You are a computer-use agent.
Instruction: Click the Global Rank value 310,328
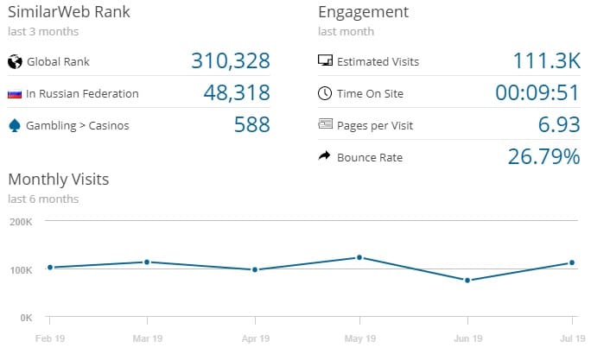tap(229, 61)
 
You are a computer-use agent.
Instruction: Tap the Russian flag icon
tap(14, 93)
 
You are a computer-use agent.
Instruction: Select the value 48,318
tap(237, 93)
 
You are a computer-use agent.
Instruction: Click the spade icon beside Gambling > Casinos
tap(14, 125)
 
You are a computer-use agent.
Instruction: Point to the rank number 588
tap(251, 125)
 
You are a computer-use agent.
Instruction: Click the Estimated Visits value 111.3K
tap(546, 61)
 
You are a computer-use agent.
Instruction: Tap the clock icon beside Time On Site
tap(325, 93)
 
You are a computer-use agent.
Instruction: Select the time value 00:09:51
tap(537, 93)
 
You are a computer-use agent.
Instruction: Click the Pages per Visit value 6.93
tap(558, 125)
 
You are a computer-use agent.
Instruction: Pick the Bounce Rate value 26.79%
tap(542, 157)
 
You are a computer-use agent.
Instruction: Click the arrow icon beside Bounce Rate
tap(325, 157)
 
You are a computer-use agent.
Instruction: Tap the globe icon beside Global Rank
tap(14, 61)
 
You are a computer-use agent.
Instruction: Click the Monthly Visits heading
tap(58, 180)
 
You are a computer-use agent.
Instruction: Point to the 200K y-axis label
tap(20, 221)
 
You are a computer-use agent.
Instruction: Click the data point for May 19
tap(359, 257)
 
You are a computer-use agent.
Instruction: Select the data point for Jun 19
tap(467, 280)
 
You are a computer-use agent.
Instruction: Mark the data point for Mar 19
tap(147, 262)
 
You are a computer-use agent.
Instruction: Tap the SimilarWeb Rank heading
tap(69, 12)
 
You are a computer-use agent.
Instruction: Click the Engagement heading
tap(363, 12)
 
